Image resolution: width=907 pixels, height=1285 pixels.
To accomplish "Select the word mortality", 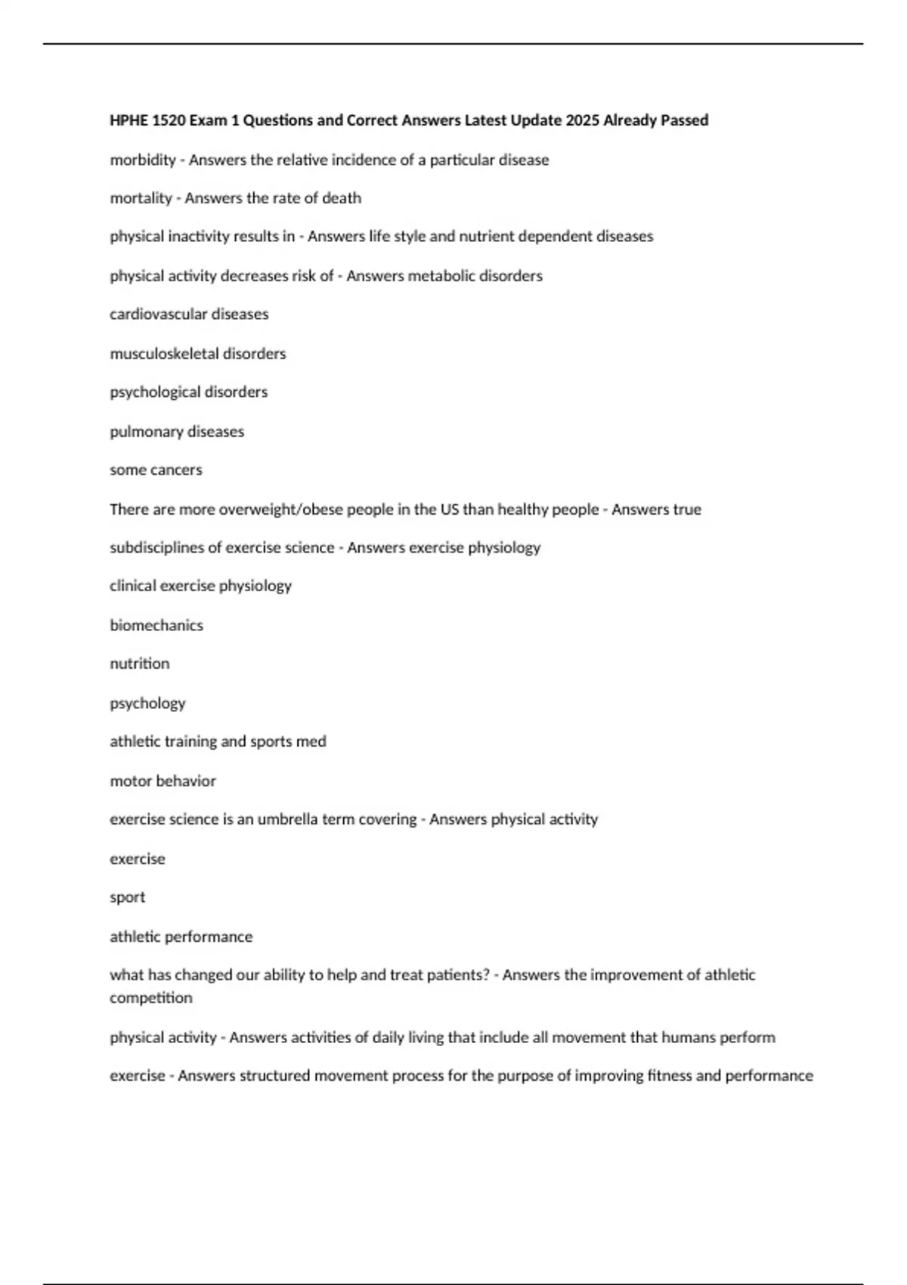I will coord(141,198).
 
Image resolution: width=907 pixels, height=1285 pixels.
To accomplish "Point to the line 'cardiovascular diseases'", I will coord(189,314).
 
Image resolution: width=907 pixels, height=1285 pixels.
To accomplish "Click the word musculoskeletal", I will coord(164,354).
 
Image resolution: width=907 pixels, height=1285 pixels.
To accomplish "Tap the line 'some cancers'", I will coord(156,469).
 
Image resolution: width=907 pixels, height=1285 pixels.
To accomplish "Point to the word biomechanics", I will coord(156,625).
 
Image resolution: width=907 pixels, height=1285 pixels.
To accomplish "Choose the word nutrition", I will coord(140,663).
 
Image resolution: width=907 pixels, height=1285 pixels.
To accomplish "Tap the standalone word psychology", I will coord(147,703).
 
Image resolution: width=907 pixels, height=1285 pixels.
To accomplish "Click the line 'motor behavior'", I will coord(163,781).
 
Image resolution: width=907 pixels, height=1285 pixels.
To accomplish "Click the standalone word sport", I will coord(127,897).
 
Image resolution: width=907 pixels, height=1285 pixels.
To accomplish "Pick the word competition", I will coord(151,998).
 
